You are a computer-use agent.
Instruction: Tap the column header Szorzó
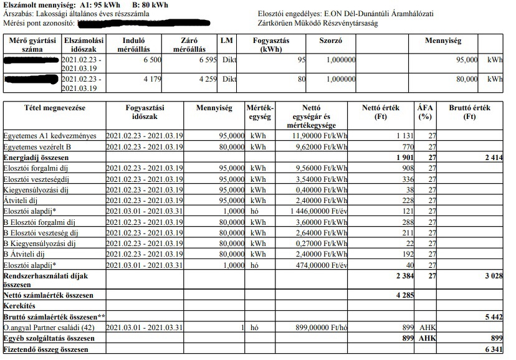pyautogui.click(x=330, y=41)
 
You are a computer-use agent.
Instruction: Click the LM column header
pyautogui.click(x=227, y=41)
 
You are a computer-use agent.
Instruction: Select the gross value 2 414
pyautogui.click(x=492, y=158)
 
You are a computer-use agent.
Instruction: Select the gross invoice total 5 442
pyautogui.click(x=492, y=317)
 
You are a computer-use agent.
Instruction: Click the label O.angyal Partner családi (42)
pyautogui.click(x=48, y=328)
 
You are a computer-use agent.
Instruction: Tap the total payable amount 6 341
pyautogui.click(x=492, y=350)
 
